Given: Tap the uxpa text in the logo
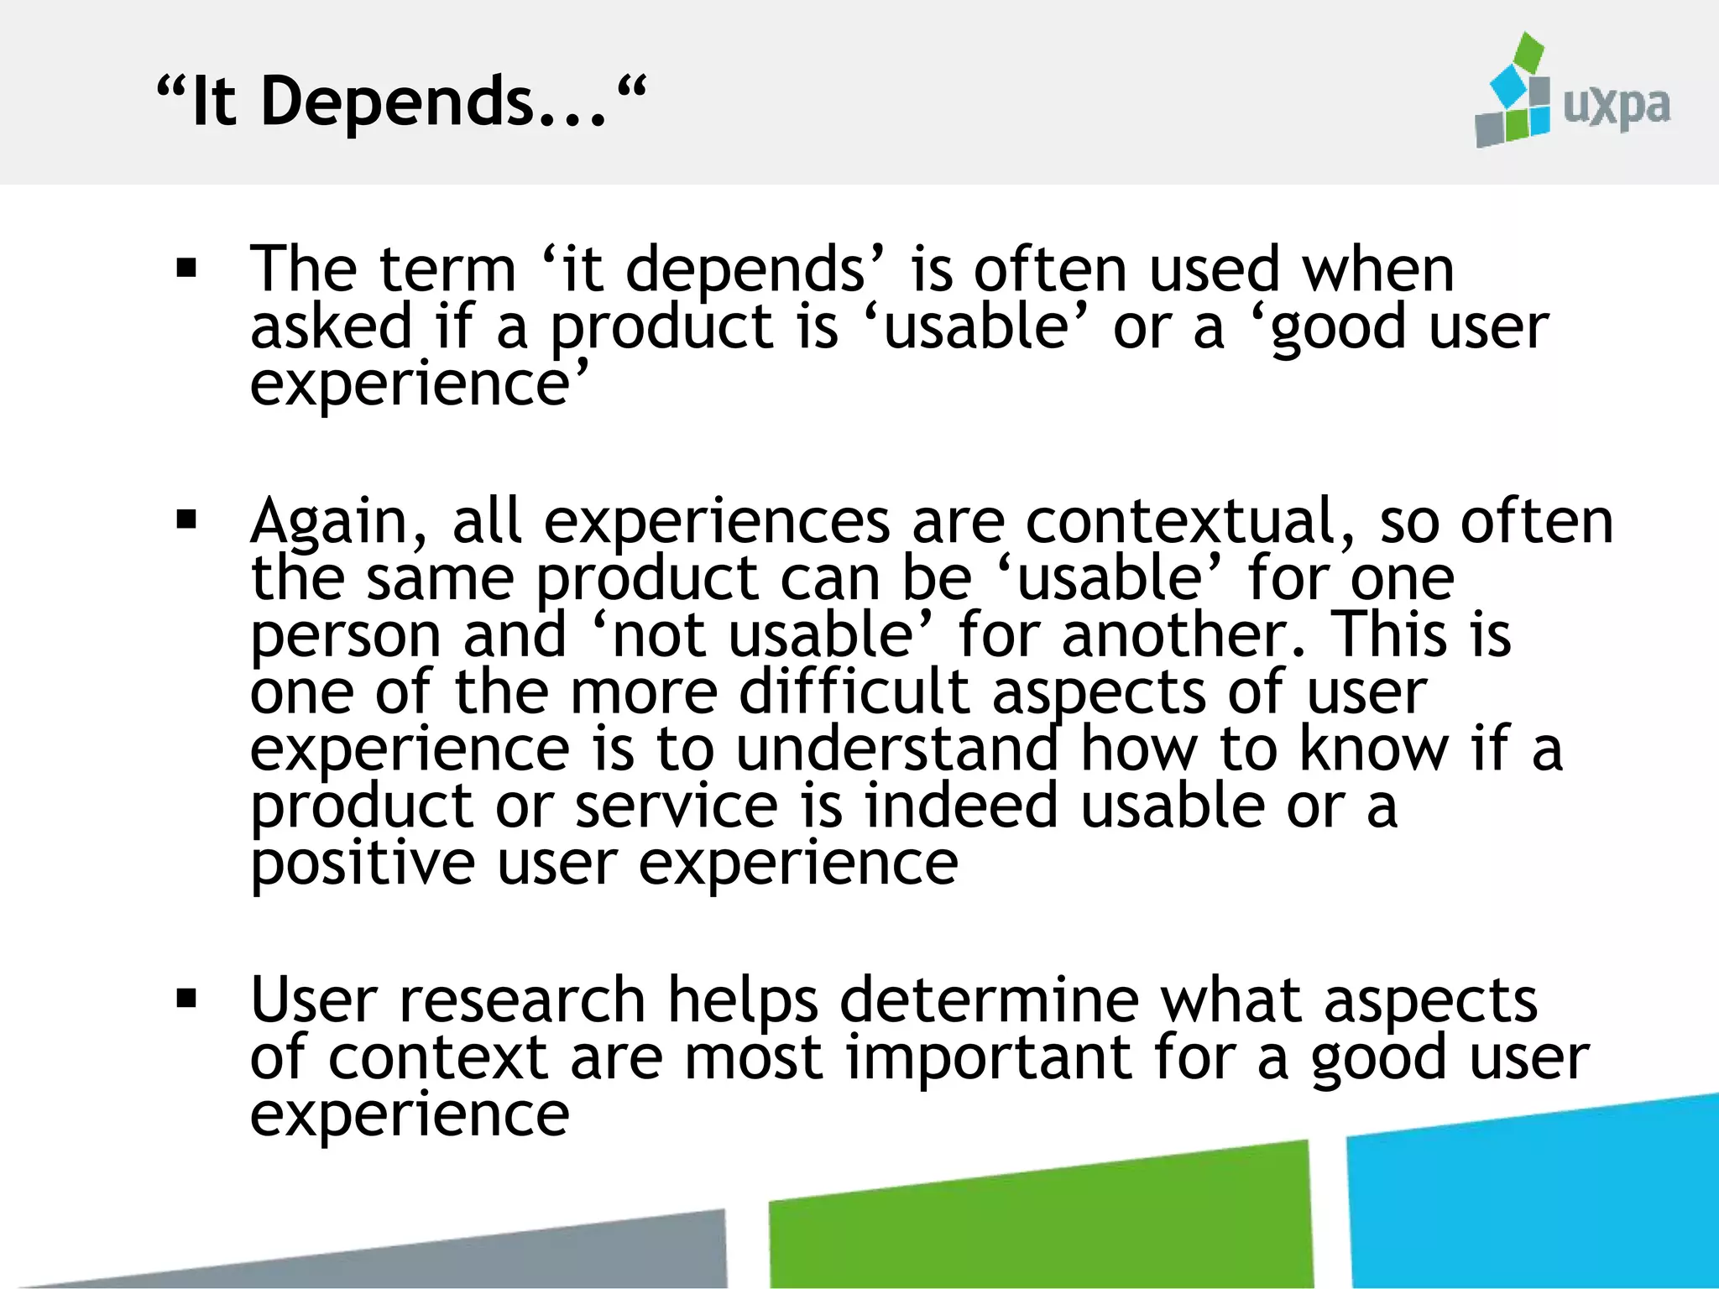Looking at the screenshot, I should click(1616, 107).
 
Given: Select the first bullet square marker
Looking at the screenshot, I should click(186, 269).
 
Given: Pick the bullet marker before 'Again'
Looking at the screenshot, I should click(186, 520).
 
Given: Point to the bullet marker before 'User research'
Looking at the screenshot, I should click(186, 999).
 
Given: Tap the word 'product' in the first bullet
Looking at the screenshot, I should click(661, 327).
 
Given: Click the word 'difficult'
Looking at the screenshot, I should click(854, 692).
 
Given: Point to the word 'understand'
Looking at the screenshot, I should click(896, 749).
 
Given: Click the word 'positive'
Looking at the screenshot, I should click(363, 864).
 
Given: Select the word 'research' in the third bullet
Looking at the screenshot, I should click(521, 1000).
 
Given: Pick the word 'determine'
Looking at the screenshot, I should click(989, 1000).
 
